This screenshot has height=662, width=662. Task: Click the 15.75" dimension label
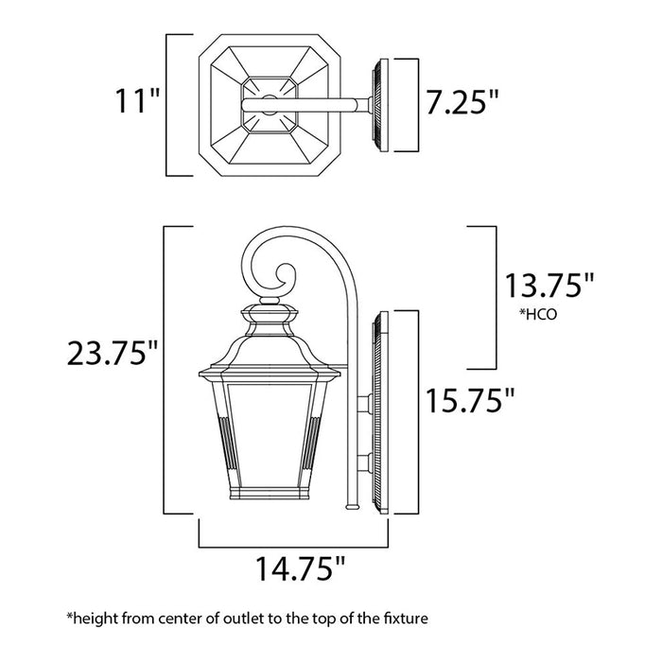[470, 400]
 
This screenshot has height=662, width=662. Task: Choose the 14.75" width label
[293, 569]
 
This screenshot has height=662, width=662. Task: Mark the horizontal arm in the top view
[322, 105]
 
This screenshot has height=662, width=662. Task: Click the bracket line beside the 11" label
[167, 105]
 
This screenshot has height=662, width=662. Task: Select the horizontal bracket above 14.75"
[293, 546]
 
